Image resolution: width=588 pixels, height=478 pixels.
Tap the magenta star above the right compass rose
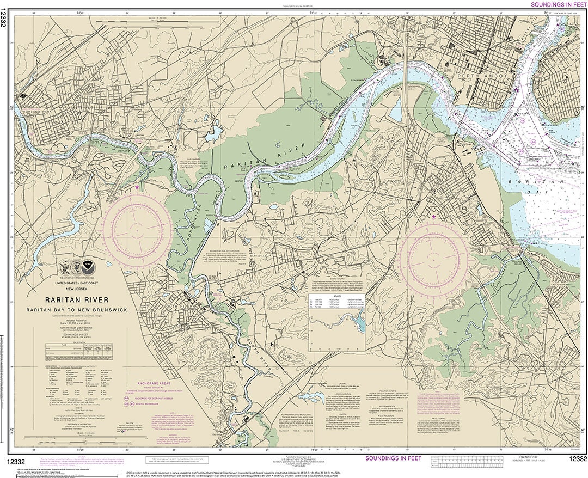tap(433, 217)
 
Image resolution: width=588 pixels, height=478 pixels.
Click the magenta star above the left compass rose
tap(137, 187)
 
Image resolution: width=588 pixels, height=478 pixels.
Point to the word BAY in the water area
tap(537, 192)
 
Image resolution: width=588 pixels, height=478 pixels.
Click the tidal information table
tap(81, 352)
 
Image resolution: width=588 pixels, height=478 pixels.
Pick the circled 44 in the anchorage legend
tap(127, 398)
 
